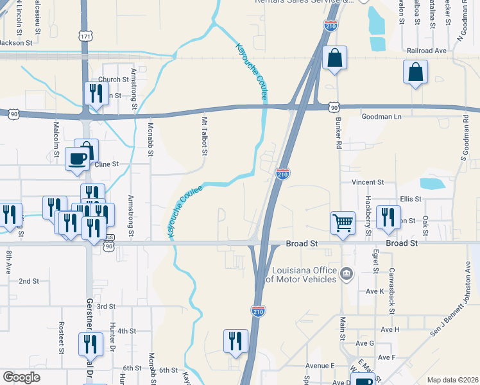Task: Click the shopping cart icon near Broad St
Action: pyautogui.click(x=343, y=223)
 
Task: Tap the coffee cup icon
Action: pyautogui.click(x=78, y=158)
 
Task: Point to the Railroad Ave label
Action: pyautogui.click(x=425, y=50)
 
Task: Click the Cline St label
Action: pyautogui.click(x=107, y=164)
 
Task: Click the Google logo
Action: pyautogui.click(x=22, y=377)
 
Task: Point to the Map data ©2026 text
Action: pyautogui.click(x=453, y=380)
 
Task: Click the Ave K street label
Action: pyautogui.click(x=374, y=291)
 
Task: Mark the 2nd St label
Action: pyautogui.click(x=29, y=281)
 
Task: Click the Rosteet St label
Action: pyautogui.click(x=62, y=338)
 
